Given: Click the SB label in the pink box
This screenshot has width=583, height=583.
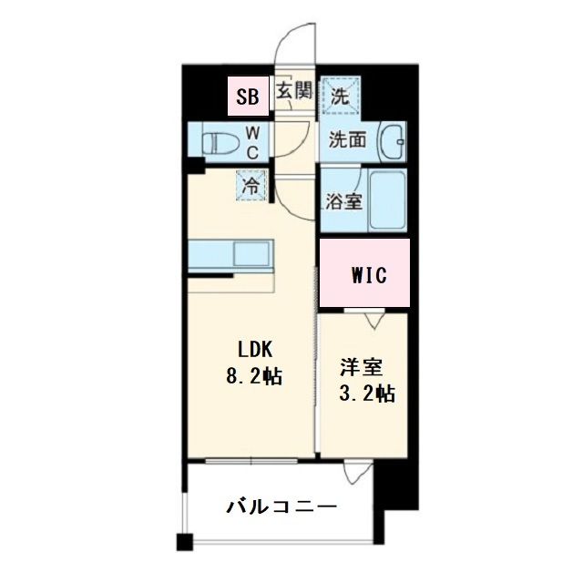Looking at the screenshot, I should click(248, 95).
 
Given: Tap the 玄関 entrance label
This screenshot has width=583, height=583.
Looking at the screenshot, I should click(294, 91).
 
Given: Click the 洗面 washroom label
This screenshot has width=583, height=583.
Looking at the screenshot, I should click(347, 141).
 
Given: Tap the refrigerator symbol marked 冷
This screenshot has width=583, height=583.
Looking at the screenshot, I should click(251, 185).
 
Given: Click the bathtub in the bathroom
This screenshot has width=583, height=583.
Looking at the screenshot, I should click(386, 200).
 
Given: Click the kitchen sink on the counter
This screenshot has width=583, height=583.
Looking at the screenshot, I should click(249, 251).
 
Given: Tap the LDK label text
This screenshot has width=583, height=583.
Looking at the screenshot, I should click(256, 348).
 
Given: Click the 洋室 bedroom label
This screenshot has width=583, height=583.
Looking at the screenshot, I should click(363, 368).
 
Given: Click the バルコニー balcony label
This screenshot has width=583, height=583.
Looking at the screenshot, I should click(281, 506).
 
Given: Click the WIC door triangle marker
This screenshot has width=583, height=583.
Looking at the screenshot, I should click(372, 319).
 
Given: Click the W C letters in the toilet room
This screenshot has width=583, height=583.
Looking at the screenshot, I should click(253, 143).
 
